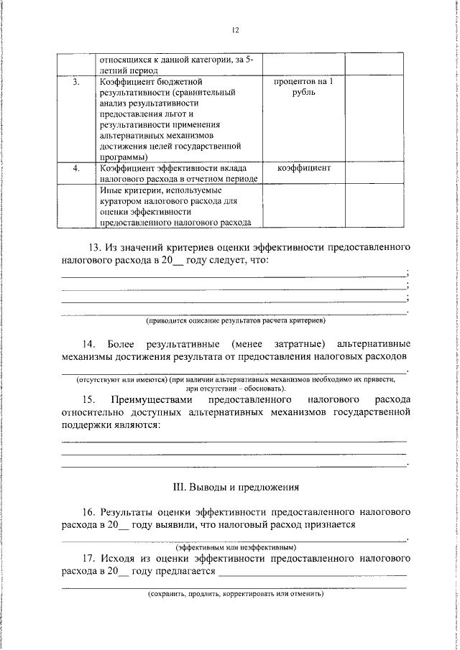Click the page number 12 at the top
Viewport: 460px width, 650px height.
pos(234,30)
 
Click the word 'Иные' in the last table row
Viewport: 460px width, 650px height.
pos(111,191)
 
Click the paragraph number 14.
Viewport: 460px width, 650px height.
pos(89,343)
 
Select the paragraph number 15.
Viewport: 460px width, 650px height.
pos(89,399)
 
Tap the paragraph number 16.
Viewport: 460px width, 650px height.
pos(89,513)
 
